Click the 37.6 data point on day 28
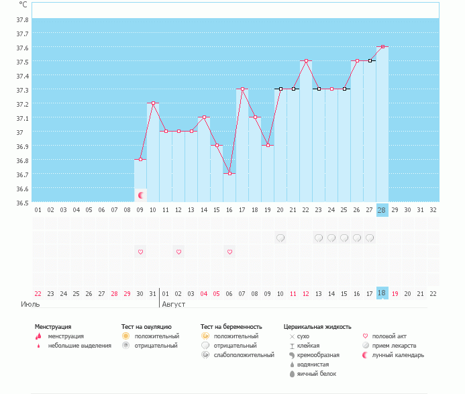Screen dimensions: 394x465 tap(382, 47)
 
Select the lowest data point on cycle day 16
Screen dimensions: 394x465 tap(229, 173)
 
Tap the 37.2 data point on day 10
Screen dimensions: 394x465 tap(153, 103)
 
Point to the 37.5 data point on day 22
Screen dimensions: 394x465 tap(306, 61)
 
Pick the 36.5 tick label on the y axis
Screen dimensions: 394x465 tap(22, 202)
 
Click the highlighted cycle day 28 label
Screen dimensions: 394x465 tap(382, 210)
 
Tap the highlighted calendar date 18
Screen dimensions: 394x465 tap(382, 293)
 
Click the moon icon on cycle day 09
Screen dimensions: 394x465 tap(141, 195)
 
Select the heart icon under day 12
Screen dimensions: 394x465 tap(178, 252)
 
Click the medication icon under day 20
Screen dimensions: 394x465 tap(280, 238)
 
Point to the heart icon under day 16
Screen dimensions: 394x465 tap(229, 252)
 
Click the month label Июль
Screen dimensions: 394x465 tap(30, 304)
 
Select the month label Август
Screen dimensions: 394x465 tap(174, 304)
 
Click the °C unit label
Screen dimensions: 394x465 tap(23, 5)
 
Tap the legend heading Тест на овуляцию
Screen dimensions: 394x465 tap(146, 327)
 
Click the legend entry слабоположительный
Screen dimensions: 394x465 tap(245, 355)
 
